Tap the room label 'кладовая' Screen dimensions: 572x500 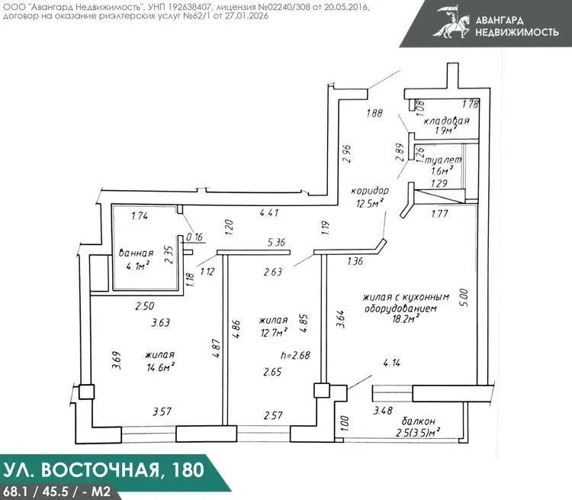(446, 121)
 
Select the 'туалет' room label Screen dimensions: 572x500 (444, 160)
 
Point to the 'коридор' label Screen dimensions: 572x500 (370, 191)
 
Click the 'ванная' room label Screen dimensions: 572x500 (136, 253)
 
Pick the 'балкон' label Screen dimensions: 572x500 (419, 421)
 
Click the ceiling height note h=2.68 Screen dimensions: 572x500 (295, 355)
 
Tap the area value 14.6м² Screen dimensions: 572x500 (160, 366)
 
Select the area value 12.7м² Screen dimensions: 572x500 (274, 332)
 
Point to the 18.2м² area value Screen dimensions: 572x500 (406, 319)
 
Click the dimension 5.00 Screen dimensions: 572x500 (464, 298)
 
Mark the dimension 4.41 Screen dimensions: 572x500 (269, 212)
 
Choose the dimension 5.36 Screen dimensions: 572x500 (276, 242)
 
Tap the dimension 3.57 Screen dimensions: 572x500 (162, 411)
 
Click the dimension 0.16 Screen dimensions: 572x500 (194, 237)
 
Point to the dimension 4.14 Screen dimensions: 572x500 (392, 363)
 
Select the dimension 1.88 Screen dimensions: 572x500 (374, 113)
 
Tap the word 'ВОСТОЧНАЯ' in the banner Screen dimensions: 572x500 (100, 469)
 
